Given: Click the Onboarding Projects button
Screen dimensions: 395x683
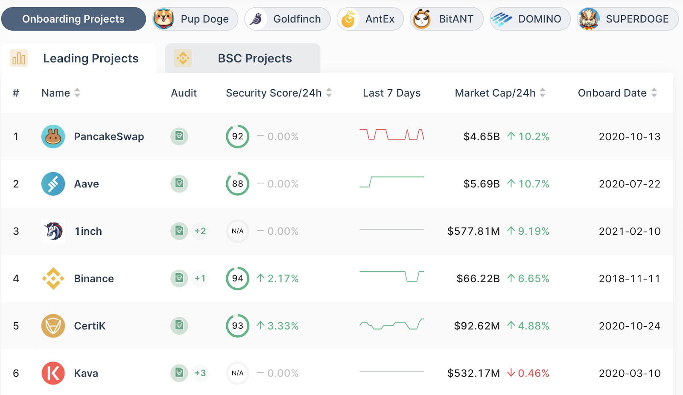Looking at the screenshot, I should (73, 19).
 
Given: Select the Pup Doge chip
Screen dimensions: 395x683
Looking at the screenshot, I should (195, 19).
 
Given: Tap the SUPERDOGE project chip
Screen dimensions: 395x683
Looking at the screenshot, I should (628, 19).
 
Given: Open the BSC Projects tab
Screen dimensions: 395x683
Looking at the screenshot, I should (243, 59).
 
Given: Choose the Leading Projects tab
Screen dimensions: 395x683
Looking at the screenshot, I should (79, 59).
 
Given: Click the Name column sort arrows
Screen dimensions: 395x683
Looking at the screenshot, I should (77, 93).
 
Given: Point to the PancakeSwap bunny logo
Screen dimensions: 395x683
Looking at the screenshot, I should (53, 137).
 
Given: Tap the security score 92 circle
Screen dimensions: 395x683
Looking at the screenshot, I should (237, 137).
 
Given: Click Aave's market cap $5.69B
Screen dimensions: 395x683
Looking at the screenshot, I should (482, 184).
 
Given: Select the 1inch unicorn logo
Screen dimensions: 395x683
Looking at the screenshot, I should (53, 231).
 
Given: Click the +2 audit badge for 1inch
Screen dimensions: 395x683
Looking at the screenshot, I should (200, 231).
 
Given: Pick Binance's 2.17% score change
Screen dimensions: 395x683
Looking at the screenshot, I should (278, 278).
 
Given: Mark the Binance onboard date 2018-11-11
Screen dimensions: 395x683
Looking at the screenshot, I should (630, 278).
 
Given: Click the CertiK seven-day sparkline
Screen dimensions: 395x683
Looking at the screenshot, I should (391, 325).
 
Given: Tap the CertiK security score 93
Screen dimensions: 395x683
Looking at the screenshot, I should (237, 326).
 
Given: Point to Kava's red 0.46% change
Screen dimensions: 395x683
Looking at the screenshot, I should (528, 373).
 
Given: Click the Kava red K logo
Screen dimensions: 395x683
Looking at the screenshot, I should (53, 373).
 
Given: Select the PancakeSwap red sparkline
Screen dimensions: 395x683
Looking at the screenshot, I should (391, 135).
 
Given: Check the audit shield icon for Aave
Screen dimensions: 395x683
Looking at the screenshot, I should (179, 184).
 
